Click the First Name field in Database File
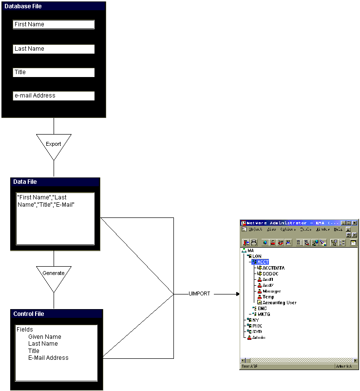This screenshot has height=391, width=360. pyautogui.click(x=54, y=24)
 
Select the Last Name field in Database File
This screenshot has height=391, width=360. pyautogui.click(x=54, y=49)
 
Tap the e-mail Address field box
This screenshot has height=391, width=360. pyautogui.click(x=54, y=96)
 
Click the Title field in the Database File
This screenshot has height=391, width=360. pyautogui.click(x=54, y=72)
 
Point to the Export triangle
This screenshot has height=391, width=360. pyautogui.click(x=54, y=144)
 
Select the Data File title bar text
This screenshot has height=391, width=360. pyautogui.click(x=25, y=182)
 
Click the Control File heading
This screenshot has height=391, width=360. pyautogui.click(x=29, y=314)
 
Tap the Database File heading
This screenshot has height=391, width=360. pyautogui.click(x=23, y=6)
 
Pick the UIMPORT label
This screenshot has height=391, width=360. pyautogui.click(x=199, y=294)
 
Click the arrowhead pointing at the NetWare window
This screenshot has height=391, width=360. pyautogui.click(x=238, y=294)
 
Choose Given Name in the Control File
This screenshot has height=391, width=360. pyautogui.click(x=44, y=337)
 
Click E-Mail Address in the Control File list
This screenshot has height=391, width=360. pyautogui.click(x=48, y=358)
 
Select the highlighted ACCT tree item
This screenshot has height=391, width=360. pyautogui.click(x=263, y=262)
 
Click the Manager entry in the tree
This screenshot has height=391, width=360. pyautogui.click(x=271, y=291)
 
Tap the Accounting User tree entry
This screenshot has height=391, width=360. pyautogui.click(x=279, y=303)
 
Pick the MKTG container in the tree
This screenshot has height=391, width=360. pyautogui.click(x=264, y=314)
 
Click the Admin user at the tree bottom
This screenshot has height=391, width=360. pyautogui.click(x=259, y=337)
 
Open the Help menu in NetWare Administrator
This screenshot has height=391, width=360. pyautogui.click(x=337, y=229)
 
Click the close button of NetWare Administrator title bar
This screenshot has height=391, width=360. pyautogui.click(x=355, y=223)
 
